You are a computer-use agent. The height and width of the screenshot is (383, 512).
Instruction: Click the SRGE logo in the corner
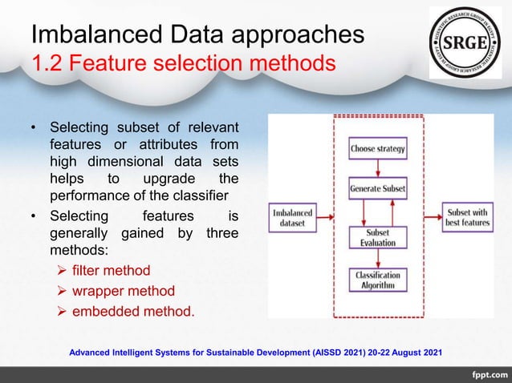[x=465, y=42]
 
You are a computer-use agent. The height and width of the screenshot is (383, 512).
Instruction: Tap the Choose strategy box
[x=377, y=148]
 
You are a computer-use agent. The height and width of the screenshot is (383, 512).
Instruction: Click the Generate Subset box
[x=377, y=190]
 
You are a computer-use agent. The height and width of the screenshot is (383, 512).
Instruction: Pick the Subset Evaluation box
[x=377, y=238]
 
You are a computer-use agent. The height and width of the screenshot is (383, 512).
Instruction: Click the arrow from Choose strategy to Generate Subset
[x=377, y=169]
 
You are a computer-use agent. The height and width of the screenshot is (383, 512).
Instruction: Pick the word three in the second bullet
[x=222, y=233]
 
